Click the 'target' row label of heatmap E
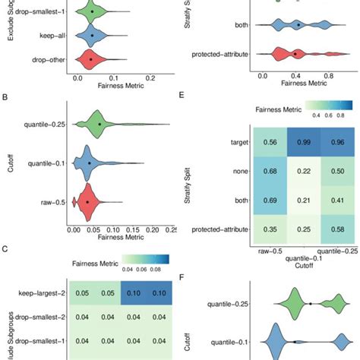pos(242,141)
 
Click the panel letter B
pos(5,96)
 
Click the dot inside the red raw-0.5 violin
pos(87,202)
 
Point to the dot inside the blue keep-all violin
pos(91,36)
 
